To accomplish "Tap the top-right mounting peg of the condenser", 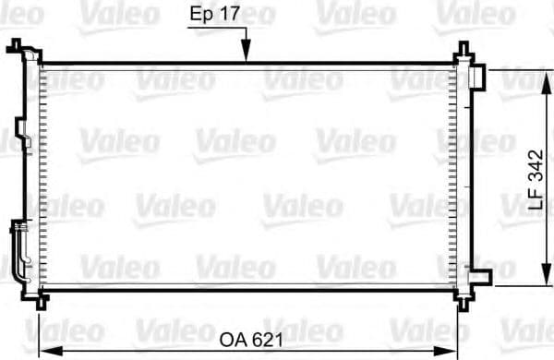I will click(x=463, y=52).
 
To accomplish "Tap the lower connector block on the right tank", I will click(x=478, y=274).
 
